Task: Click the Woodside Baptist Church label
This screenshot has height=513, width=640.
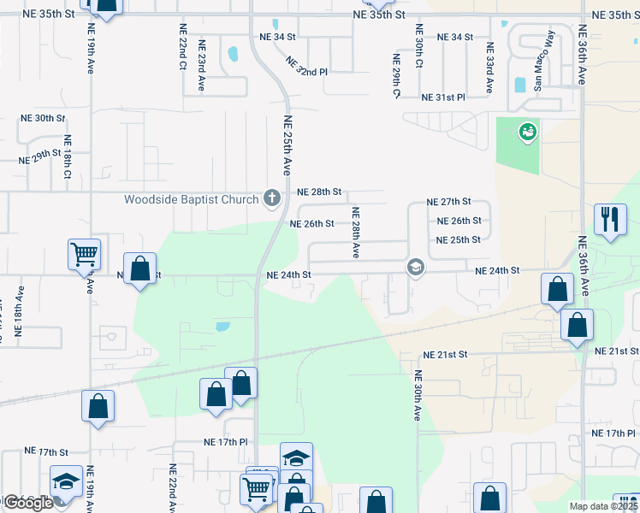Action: (191, 200)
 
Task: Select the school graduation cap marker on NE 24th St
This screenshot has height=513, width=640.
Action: (415, 268)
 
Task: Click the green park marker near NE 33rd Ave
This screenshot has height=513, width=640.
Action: (527, 133)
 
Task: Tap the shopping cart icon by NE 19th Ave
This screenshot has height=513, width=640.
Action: (85, 254)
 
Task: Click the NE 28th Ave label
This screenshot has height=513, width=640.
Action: (356, 232)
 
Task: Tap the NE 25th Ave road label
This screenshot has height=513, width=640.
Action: (288, 146)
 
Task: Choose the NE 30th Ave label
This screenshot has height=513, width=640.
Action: (418, 395)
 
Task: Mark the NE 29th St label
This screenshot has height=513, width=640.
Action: (41, 156)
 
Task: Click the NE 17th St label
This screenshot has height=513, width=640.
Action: (45, 451)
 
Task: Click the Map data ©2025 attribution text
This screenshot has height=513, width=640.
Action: (604, 506)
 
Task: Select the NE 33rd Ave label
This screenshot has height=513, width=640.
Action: (489, 68)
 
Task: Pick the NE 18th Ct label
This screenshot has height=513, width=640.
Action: (67, 156)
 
